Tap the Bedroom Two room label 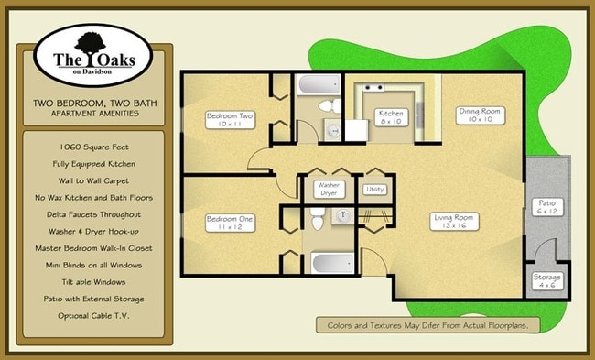click(x=230, y=120)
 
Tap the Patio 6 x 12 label click(x=547, y=208)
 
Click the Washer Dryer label click(x=328, y=190)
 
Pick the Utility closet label click(x=375, y=190)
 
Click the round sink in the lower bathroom click(x=344, y=216)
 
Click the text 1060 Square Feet click(x=89, y=146)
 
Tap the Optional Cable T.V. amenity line click(x=89, y=315)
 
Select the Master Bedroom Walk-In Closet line click(x=89, y=247)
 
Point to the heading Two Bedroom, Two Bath click(x=89, y=102)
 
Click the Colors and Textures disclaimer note click(x=427, y=325)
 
